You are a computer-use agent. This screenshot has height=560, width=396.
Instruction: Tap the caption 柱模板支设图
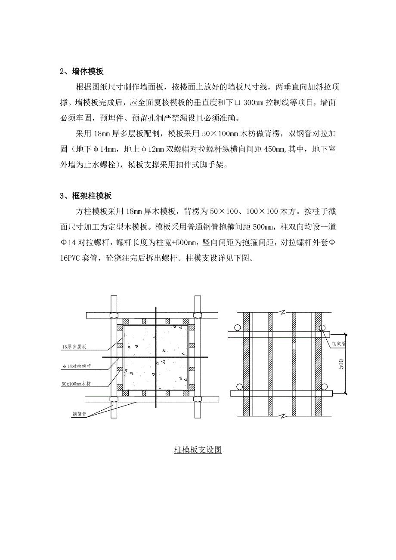tap(198, 450)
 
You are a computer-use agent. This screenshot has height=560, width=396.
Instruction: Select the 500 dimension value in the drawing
tap(340, 363)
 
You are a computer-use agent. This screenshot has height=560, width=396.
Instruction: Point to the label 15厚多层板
tap(74, 346)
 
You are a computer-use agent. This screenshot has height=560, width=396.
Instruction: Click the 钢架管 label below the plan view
tap(79, 415)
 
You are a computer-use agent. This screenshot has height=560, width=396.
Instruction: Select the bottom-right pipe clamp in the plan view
tap(198, 399)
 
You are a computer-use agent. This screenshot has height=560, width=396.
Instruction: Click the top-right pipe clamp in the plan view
tap(198, 315)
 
